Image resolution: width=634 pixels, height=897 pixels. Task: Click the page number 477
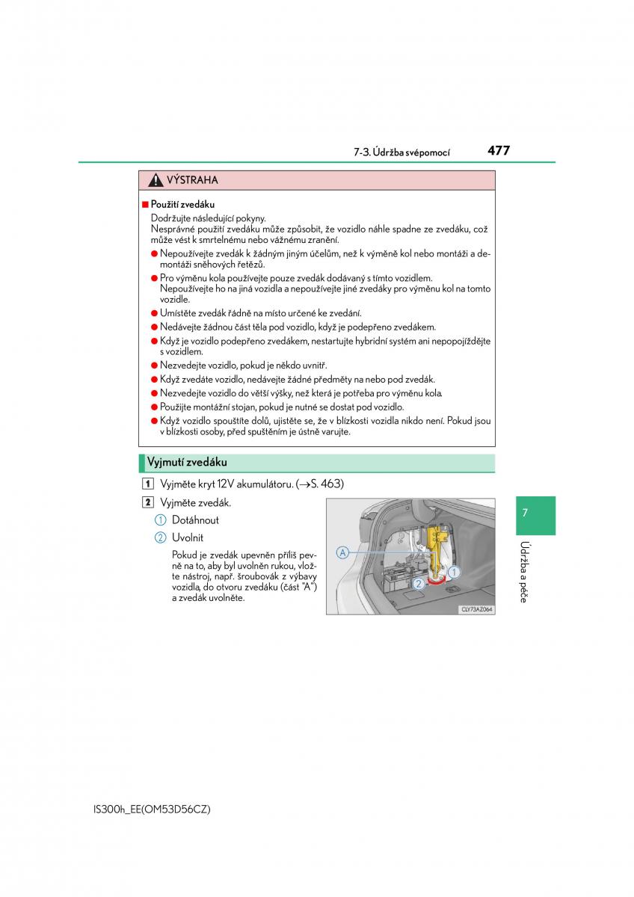point(498,150)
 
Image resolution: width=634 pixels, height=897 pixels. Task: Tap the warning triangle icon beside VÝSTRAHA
point(155,180)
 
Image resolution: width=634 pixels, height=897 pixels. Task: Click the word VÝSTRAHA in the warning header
point(191,180)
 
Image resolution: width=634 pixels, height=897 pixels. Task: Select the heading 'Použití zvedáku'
point(182,204)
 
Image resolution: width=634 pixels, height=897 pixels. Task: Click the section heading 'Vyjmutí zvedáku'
point(187,462)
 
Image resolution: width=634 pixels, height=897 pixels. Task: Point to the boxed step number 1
point(150,484)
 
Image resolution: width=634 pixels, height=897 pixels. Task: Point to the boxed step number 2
point(150,502)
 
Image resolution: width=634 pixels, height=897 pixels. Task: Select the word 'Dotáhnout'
point(195,520)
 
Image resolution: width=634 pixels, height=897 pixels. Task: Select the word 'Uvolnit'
point(187,537)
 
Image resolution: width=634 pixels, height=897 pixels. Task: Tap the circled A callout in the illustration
point(342,552)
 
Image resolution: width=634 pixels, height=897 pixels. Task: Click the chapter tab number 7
point(525,513)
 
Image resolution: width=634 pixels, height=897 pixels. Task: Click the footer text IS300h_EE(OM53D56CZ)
point(142,810)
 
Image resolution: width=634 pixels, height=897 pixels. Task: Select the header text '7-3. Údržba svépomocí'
point(401,152)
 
